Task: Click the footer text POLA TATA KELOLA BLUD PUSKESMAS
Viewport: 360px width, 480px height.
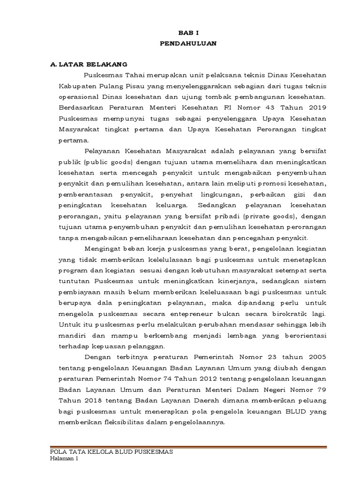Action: pyautogui.click(x=112, y=451)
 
